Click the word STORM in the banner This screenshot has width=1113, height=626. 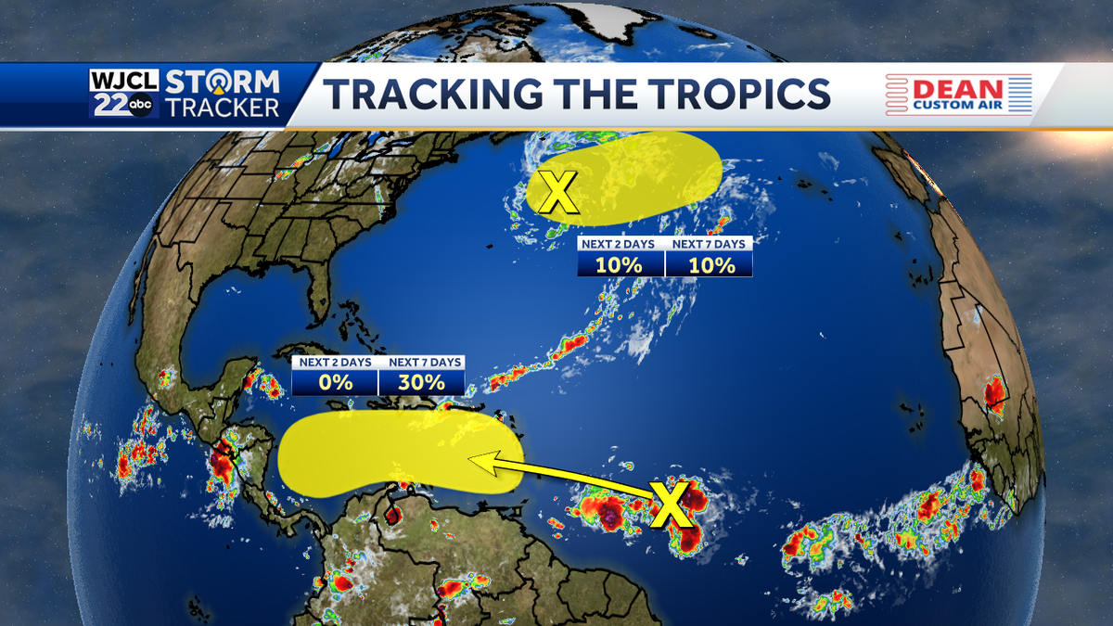click(223, 81)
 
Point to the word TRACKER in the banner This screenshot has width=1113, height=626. click(223, 108)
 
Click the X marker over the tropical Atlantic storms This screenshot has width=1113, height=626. click(671, 504)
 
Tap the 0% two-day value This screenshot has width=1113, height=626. click(335, 382)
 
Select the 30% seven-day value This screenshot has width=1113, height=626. click(422, 382)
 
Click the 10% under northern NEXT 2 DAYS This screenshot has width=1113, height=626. click(620, 264)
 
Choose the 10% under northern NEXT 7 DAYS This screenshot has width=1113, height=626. click(709, 264)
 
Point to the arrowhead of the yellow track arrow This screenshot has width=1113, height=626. click(474, 456)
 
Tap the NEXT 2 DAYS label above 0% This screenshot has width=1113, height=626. click(335, 363)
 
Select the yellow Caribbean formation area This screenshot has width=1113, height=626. click(399, 452)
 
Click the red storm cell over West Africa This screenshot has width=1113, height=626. click(994, 393)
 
